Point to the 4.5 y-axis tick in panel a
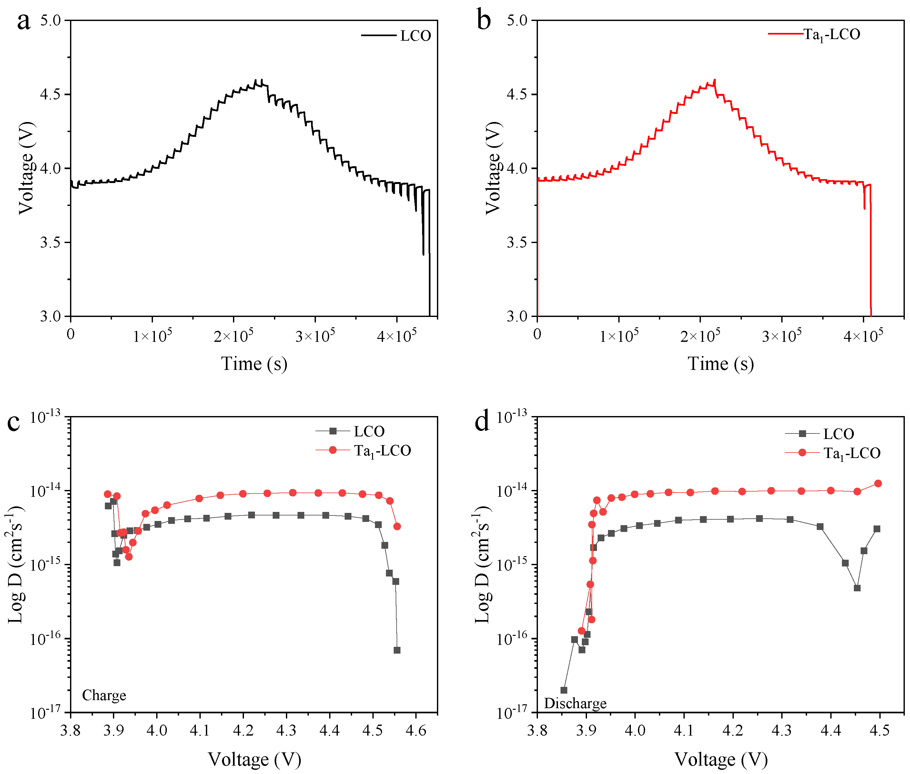pos(50,94)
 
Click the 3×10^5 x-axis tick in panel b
pos(782,336)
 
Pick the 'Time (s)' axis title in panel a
pos(254,364)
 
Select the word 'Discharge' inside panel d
pos(575,703)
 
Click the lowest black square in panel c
pos(397,650)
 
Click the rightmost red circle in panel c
pos(397,526)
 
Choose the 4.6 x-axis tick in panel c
pos(416,730)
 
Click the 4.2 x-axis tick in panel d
pos(733,730)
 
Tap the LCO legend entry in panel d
pos(838,434)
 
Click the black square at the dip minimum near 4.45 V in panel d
pos(857,588)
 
